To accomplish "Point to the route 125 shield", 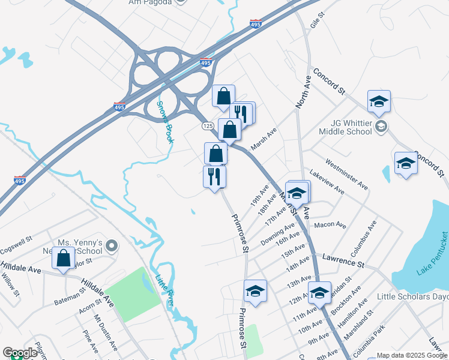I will [x=208, y=125].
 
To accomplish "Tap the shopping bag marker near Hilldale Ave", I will [x=64, y=259].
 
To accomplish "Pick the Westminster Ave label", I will [x=347, y=173].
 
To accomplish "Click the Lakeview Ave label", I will [x=328, y=182].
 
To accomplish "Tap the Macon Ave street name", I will [x=330, y=225].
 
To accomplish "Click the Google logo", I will [x=20, y=353].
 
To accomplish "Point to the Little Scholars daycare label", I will [x=412, y=296].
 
